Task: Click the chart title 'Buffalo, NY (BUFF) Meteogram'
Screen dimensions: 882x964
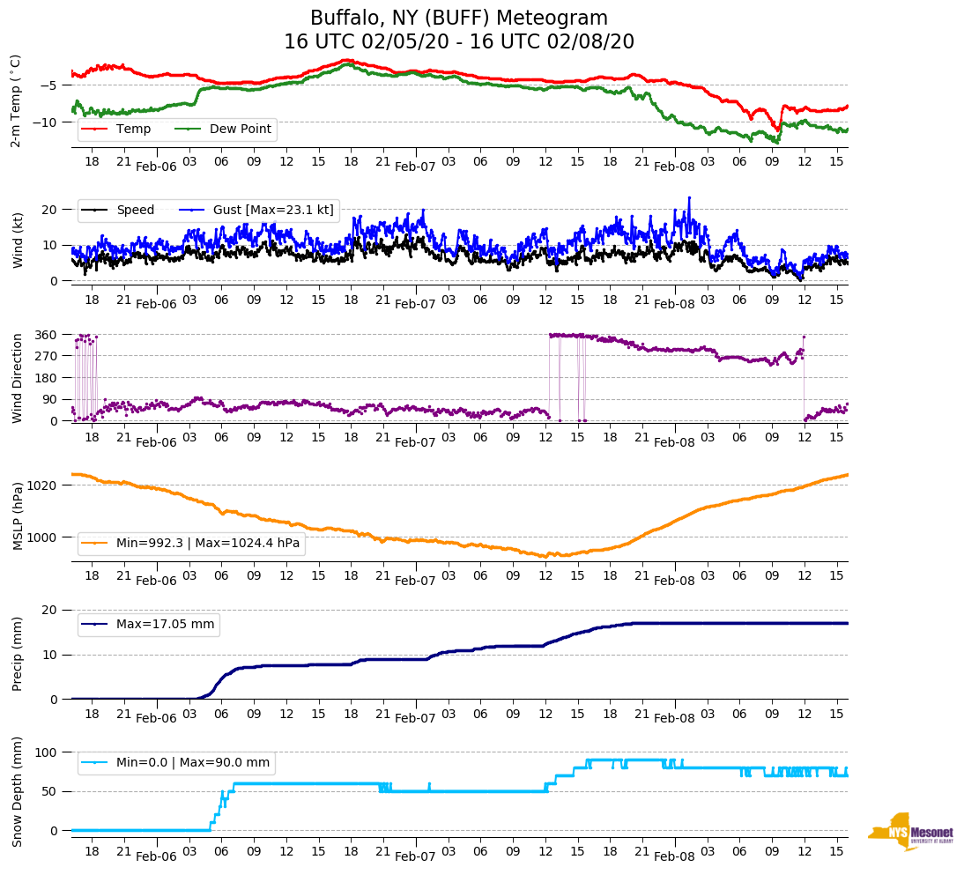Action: pyautogui.click(x=459, y=19)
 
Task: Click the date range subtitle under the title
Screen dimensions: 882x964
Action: pyautogui.click(x=459, y=42)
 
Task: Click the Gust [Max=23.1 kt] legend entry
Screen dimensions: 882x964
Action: pyautogui.click(x=273, y=210)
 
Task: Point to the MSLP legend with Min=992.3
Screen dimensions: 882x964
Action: pyautogui.click(x=208, y=543)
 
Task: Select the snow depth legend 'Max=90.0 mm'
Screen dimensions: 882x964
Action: pyautogui.click(x=193, y=763)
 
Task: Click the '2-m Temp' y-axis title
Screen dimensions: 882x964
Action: pyautogui.click(x=16, y=100)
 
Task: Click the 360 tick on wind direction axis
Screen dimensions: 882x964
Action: pyautogui.click(x=47, y=335)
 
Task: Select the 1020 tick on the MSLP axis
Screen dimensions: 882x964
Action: pyautogui.click(x=43, y=485)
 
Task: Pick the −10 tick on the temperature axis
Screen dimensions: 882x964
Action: pyautogui.click(x=47, y=122)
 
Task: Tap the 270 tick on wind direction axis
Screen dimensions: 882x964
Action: pyautogui.click(x=47, y=356)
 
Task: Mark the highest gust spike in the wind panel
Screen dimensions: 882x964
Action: pyautogui.click(x=689, y=197)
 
